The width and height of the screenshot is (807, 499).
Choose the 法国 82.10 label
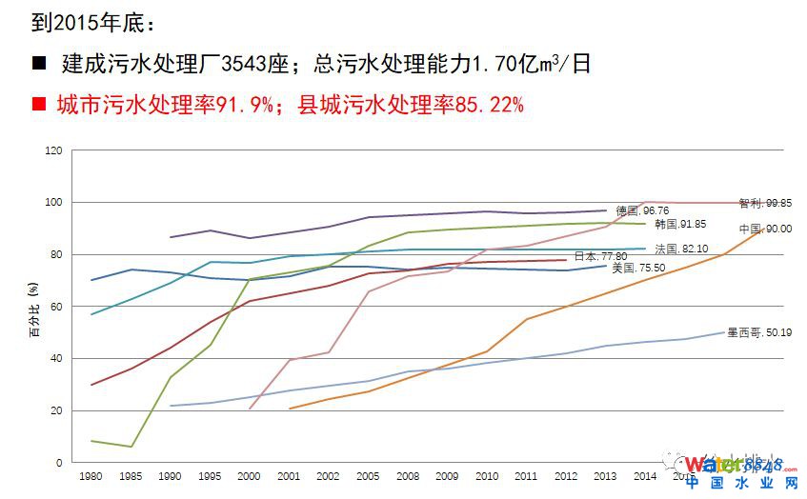pos(680,249)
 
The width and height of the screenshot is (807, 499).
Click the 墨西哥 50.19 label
pos(753,332)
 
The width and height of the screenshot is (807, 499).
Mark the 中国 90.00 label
pos(765,229)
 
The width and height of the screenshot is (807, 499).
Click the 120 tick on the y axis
pos(53,150)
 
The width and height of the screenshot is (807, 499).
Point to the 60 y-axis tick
pos(56,307)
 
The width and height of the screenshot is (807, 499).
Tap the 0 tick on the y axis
pos(59,463)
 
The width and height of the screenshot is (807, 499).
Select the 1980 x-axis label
pos(91,475)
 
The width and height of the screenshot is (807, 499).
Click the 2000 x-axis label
pos(248,475)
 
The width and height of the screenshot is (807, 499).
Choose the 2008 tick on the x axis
pos(408,475)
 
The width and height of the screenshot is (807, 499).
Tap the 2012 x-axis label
pos(566,475)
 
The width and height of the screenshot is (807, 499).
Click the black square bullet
pos(39,65)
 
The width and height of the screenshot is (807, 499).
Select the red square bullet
pos(39,104)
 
